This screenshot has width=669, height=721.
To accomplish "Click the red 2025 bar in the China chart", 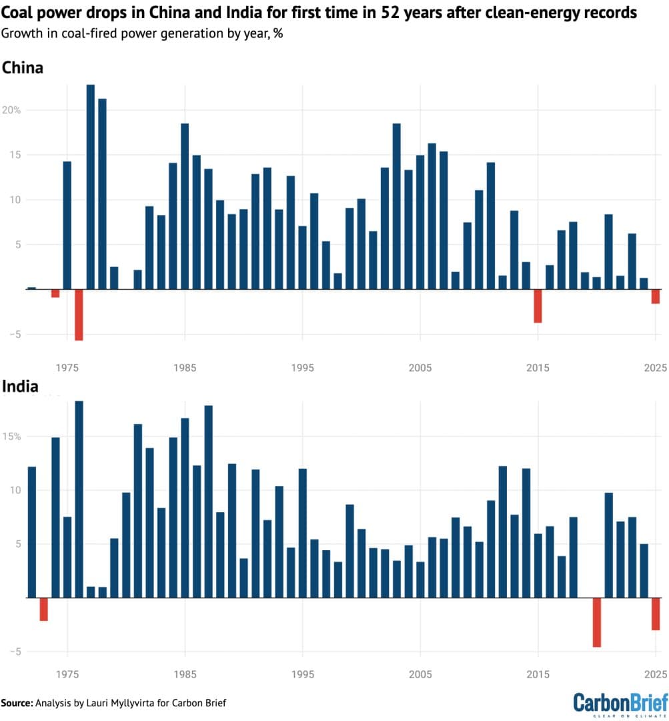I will point(656,296).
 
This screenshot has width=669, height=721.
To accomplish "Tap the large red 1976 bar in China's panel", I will point(79,314).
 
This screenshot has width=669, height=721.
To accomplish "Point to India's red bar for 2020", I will point(597,622).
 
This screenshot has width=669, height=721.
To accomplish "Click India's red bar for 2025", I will point(656,614).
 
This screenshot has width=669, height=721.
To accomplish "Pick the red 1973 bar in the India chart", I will point(44,609).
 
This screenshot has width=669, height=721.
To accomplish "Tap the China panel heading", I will point(23,67).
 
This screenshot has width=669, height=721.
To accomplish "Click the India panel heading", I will point(20,387).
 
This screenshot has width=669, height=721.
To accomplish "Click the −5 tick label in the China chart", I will point(13,334).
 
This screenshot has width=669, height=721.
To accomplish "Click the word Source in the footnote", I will point(17,703).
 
